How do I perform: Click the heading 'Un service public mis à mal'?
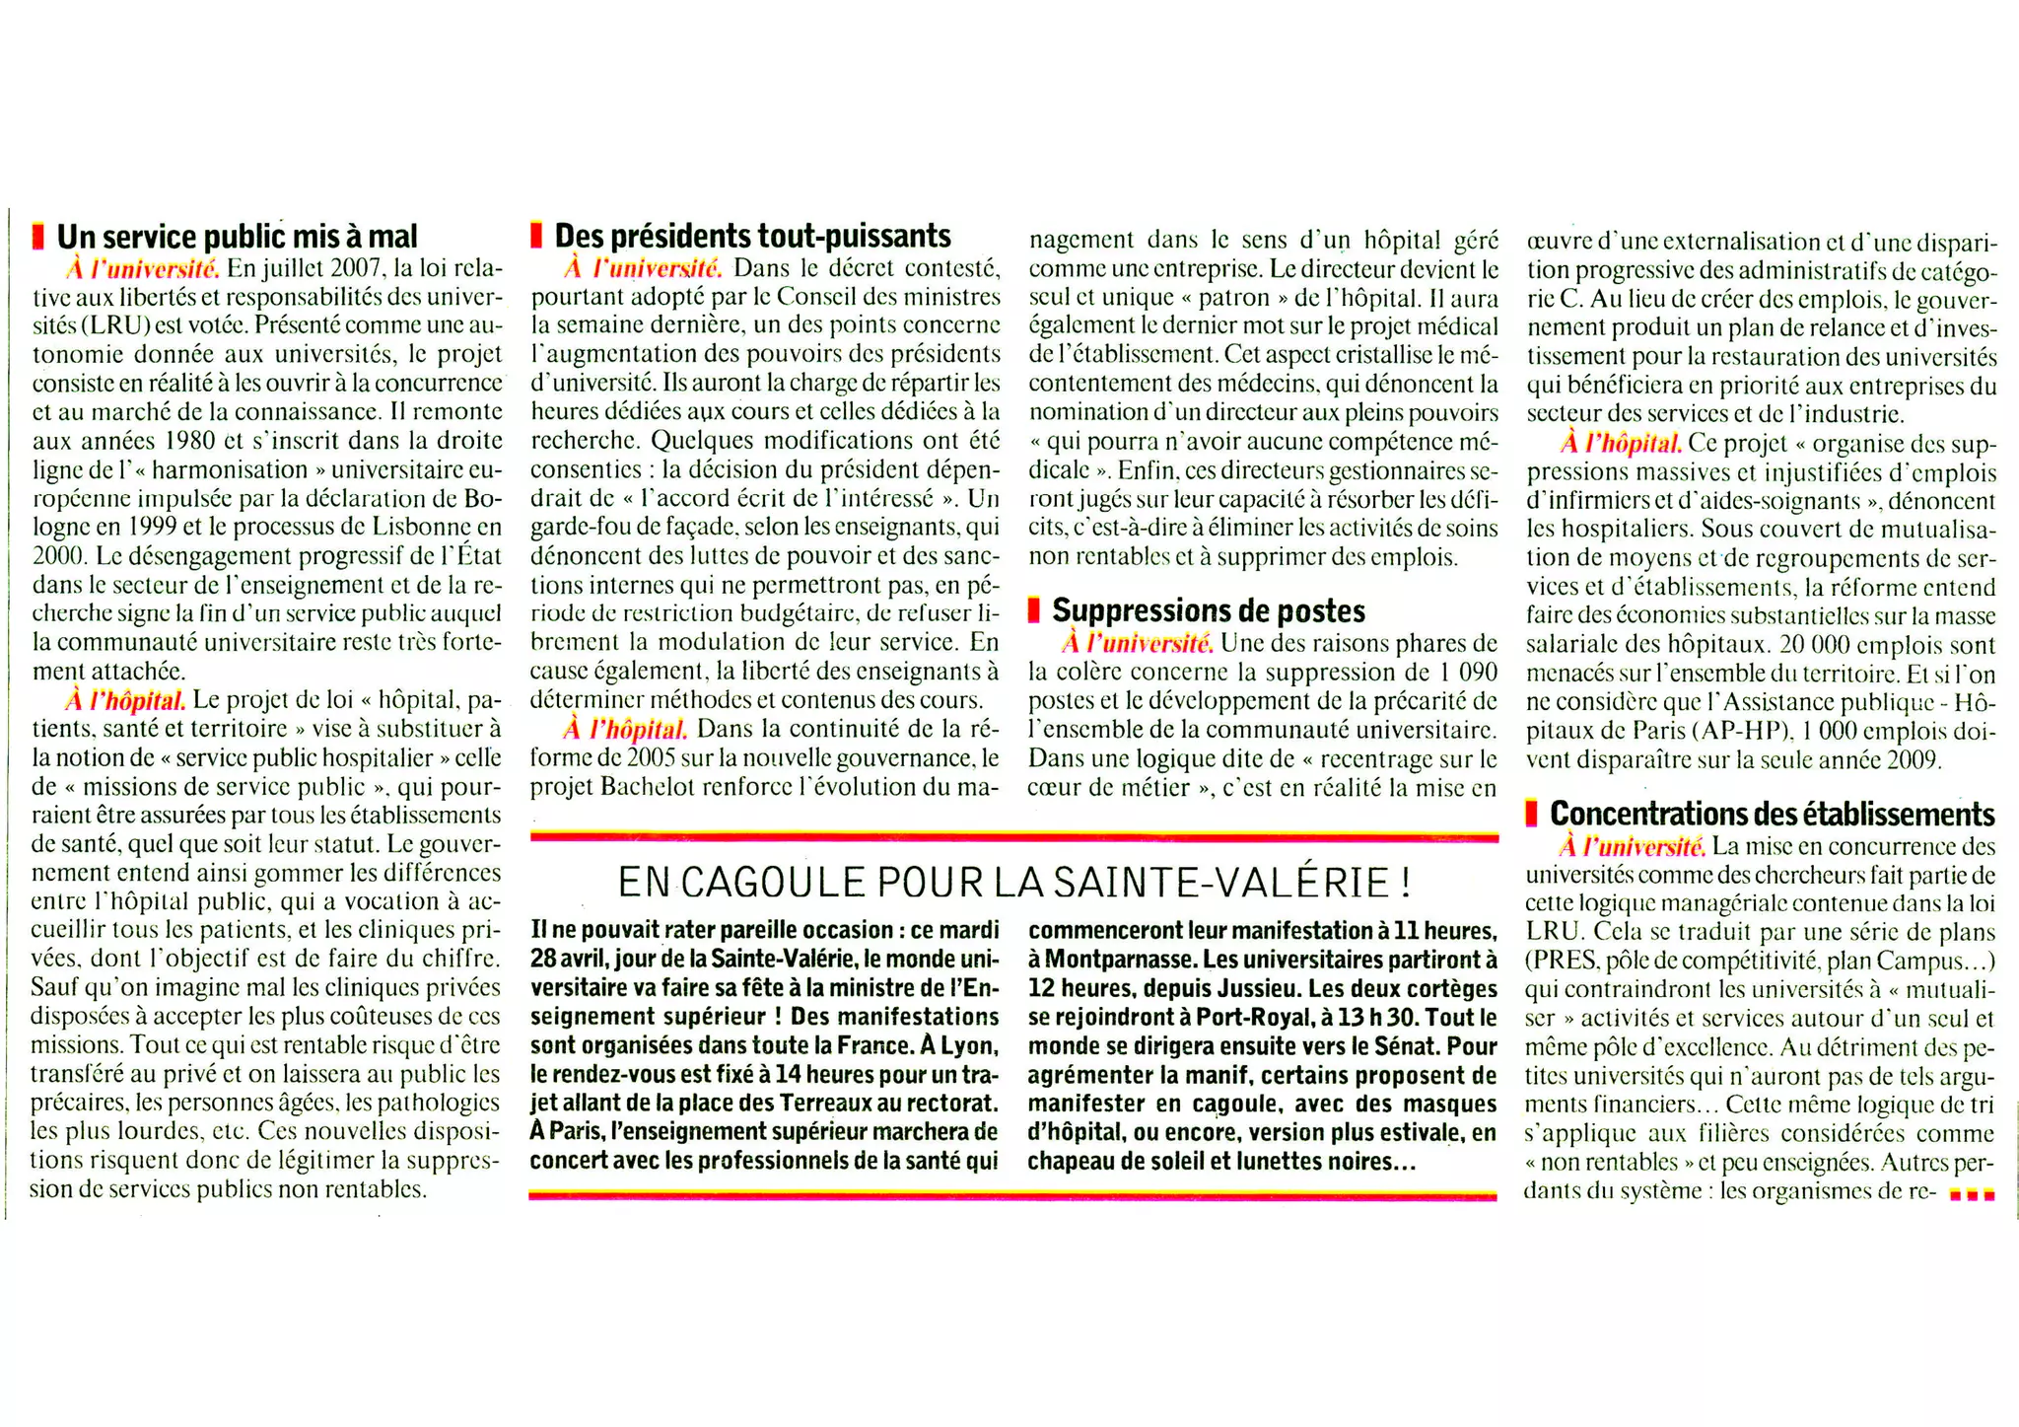(x=237, y=237)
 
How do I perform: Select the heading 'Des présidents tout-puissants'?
(x=752, y=236)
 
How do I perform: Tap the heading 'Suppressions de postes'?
(x=1209, y=610)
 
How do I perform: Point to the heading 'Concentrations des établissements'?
(x=1772, y=814)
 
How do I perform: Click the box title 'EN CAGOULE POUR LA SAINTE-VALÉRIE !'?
(x=1012, y=882)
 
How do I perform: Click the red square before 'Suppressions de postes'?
(x=1033, y=610)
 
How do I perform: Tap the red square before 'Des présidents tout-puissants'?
(x=536, y=236)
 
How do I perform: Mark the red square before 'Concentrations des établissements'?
(x=1531, y=814)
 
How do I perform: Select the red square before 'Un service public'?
(x=38, y=237)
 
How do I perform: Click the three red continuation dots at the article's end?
(x=1972, y=1195)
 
